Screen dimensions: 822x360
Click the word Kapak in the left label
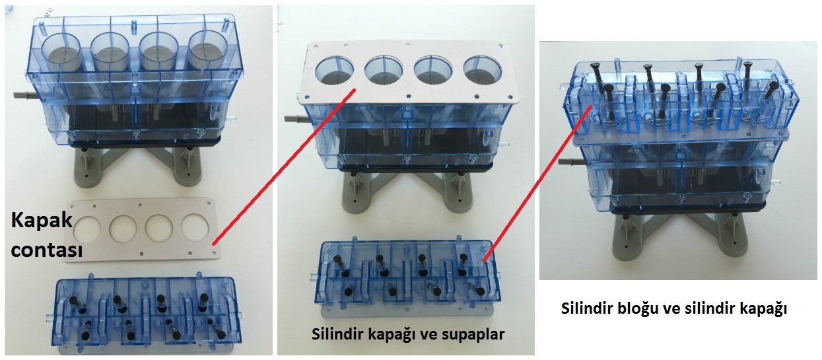[x=42, y=221]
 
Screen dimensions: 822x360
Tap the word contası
[x=47, y=250]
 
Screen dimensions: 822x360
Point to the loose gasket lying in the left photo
[x=142, y=230]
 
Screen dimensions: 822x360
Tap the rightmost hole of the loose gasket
[x=195, y=227]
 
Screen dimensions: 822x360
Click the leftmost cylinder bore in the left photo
[x=61, y=52]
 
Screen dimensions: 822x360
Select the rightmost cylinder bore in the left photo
[x=207, y=49]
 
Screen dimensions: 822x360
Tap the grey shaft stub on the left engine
[x=25, y=95]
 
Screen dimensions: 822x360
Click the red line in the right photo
[x=537, y=184]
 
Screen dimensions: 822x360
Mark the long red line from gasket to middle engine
[x=284, y=166]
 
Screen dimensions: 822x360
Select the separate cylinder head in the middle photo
[x=407, y=278]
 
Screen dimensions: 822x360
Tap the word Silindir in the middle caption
[x=337, y=334]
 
